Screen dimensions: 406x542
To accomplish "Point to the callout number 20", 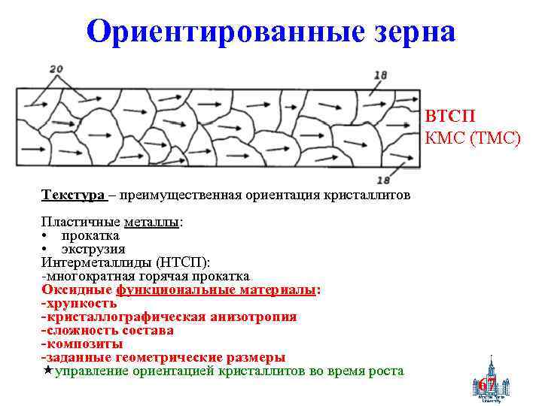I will click(x=56, y=69).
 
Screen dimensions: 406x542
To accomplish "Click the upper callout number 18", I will click(x=380, y=74).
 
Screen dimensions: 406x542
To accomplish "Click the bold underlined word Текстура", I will click(x=73, y=195).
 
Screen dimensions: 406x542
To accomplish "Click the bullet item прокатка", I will click(x=90, y=236).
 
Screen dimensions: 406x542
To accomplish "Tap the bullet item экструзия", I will click(x=93, y=249).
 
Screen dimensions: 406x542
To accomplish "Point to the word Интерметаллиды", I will click(x=97, y=262).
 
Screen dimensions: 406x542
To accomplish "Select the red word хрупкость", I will click(x=81, y=303).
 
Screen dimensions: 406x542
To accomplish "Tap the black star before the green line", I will click(x=47, y=370).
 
